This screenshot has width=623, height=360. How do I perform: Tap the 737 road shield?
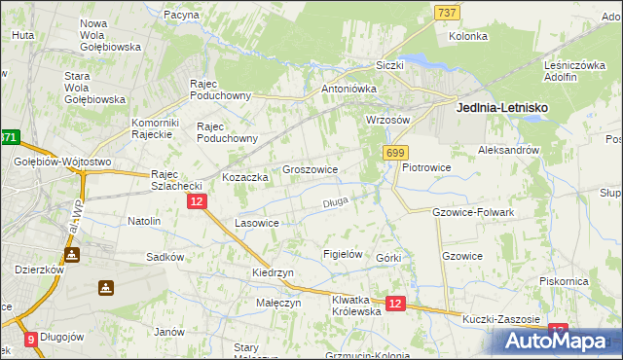click(447, 12)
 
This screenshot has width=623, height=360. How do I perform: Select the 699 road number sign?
click(396, 153)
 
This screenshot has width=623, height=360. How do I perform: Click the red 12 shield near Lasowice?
click(196, 201)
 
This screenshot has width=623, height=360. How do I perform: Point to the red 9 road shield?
click(30, 340)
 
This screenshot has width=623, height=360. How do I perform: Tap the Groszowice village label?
click(310, 169)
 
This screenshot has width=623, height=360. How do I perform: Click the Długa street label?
click(335, 202)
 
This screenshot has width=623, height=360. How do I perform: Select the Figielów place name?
click(342, 254)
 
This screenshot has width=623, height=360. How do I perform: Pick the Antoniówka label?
click(348, 89)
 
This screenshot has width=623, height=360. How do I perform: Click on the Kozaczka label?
click(244, 178)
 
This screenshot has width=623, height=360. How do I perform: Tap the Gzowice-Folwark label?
click(472, 211)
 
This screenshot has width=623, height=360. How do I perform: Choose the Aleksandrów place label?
click(508, 151)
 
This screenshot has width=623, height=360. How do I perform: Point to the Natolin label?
click(144, 221)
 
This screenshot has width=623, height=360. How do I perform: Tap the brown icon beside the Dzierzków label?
click(72, 254)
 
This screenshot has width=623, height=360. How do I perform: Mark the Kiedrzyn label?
click(273, 273)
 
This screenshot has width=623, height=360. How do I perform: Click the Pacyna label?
click(181, 16)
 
